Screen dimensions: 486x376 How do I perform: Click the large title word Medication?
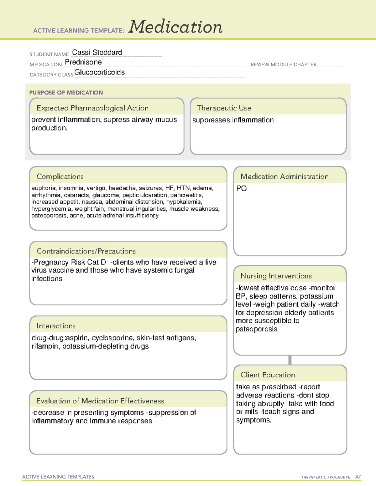(175, 27)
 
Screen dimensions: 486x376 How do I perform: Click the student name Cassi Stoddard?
(97, 53)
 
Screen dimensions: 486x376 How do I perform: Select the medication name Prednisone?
(83, 62)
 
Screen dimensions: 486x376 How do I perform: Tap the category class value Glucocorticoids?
(99, 72)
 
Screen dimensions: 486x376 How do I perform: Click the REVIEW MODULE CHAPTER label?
(284, 64)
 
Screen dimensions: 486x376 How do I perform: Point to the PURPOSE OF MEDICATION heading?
(66, 93)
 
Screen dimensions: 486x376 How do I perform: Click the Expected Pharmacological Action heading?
(92, 108)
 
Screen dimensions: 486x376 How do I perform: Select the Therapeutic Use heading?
(224, 108)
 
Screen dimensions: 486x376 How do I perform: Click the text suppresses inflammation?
(233, 120)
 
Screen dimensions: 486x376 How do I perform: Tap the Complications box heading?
(60, 176)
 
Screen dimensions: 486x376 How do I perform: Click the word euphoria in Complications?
(44, 188)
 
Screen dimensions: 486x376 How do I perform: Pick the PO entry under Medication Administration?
(242, 188)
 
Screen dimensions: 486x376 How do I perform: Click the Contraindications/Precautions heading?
(86, 251)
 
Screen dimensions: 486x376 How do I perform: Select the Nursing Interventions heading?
(276, 276)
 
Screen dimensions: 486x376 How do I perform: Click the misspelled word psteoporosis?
(256, 329)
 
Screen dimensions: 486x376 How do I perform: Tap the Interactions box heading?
(56, 326)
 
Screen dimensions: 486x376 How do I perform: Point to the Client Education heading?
(268, 375)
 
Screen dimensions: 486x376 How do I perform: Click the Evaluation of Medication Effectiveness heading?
(100, 401)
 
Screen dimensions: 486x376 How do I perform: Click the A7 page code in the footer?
(358, 477)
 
